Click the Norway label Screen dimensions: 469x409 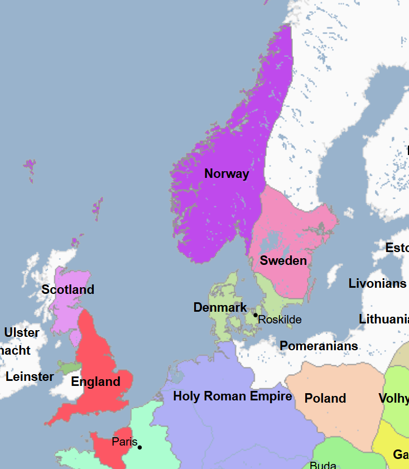pos(227,173)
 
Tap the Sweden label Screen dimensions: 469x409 pos(283,260)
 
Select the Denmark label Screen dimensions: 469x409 pos(220,307)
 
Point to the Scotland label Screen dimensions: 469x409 pos(68,289)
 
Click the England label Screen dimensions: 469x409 pos(95,381)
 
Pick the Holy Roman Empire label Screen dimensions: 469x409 pos(232,396)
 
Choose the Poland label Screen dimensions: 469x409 pos(325,398)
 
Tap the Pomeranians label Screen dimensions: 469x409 pos(319,346)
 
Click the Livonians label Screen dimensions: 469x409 pos(377,283)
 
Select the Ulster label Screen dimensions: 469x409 pos(22,332)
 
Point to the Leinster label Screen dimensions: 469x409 pos(30,376)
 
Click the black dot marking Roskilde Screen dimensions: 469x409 pos(256,315)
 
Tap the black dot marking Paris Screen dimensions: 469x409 pos(139,447)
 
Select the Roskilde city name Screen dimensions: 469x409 pos(280,320)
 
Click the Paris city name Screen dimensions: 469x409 pos(124,442)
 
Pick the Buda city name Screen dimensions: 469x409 pos(323,465)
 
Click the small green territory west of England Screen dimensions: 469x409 pos(70,368)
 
